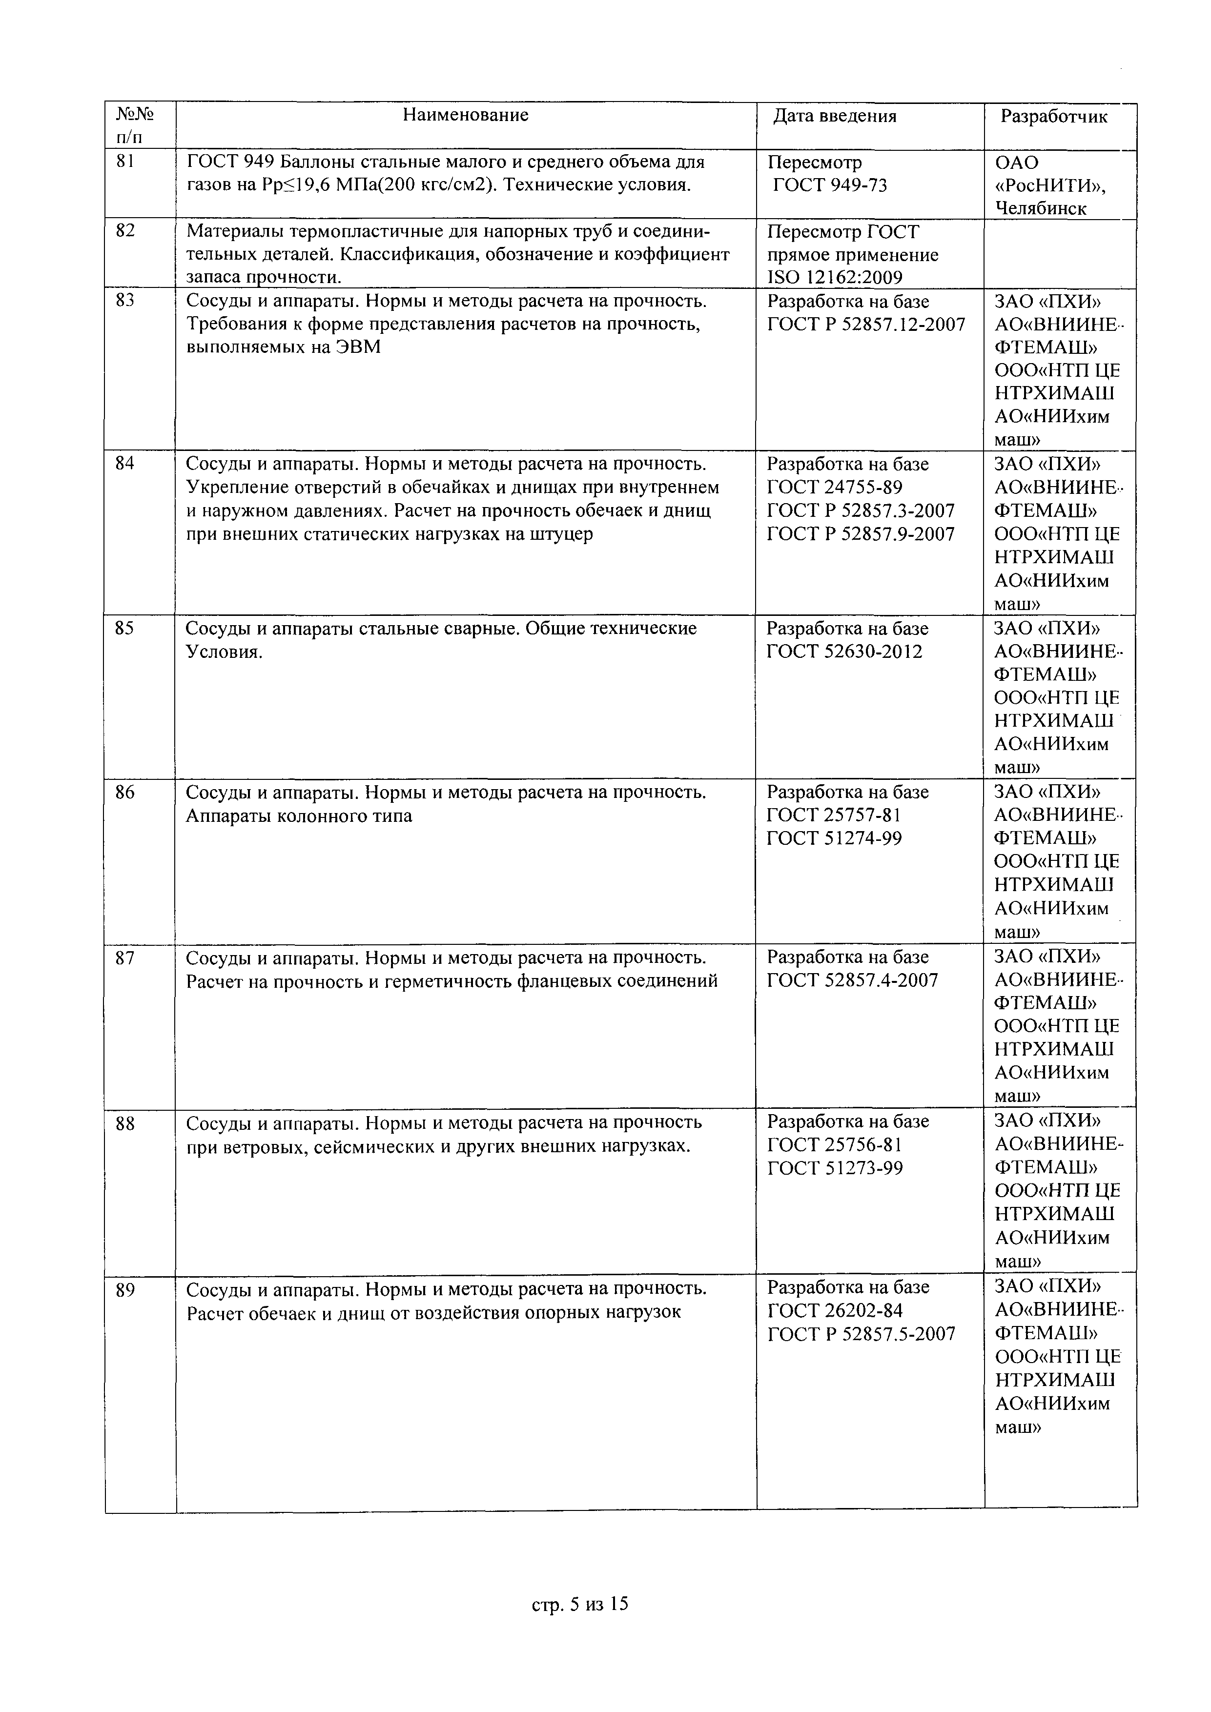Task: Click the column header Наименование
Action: (465, 115)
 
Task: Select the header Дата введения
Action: (835, 116)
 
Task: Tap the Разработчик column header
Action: (1054, 116)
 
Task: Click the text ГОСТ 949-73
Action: (829, 185)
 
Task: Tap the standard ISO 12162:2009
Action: (835, 278)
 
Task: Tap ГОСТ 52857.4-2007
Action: (852, 980)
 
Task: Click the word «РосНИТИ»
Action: (1051, 185)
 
